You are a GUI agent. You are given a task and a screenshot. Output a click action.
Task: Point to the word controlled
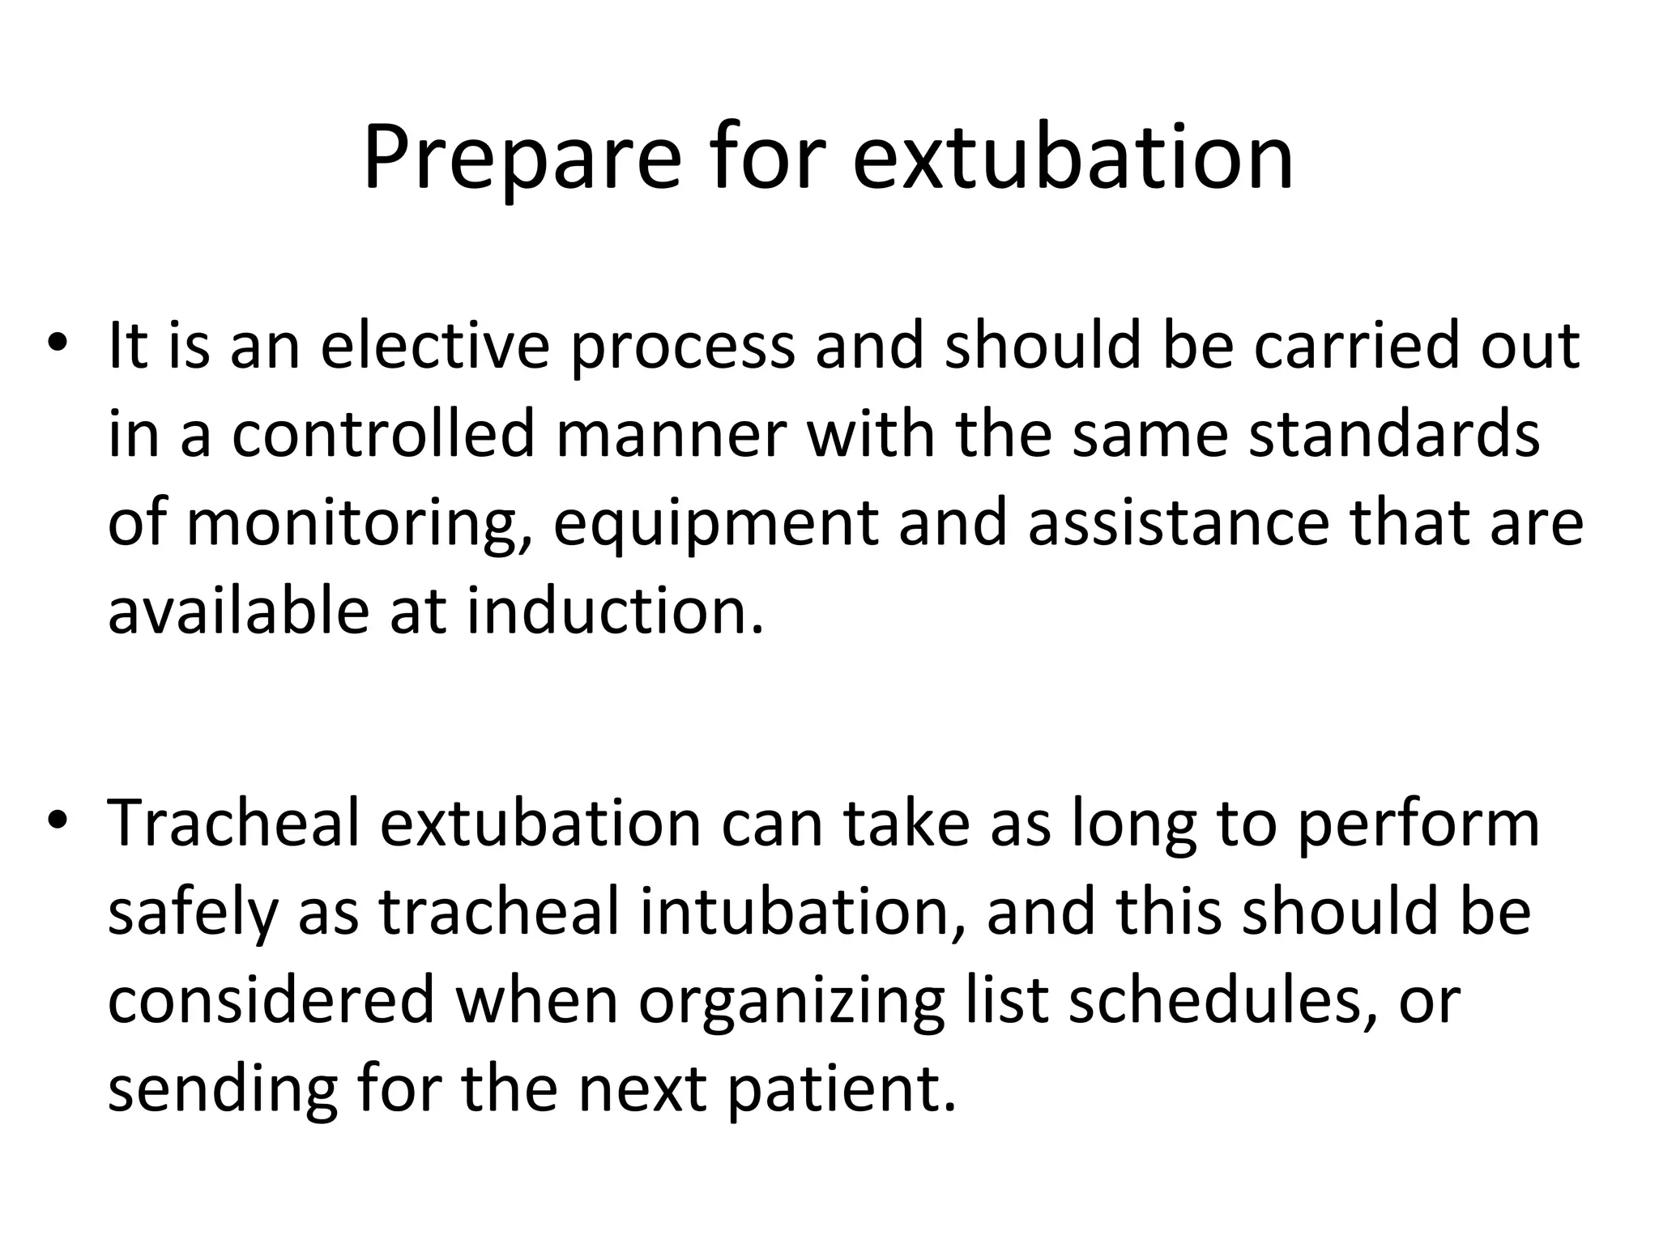(x=383, y=434)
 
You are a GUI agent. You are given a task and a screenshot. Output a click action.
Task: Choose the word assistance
(x=1179, y=522)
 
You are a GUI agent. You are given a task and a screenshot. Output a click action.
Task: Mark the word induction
(x=616, y=610)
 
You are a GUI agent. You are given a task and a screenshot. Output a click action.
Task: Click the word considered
(x=271, y=1001)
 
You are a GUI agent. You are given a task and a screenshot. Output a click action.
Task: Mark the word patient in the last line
(x=840, y=1090)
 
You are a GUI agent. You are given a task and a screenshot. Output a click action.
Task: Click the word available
(x=239, y=610)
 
